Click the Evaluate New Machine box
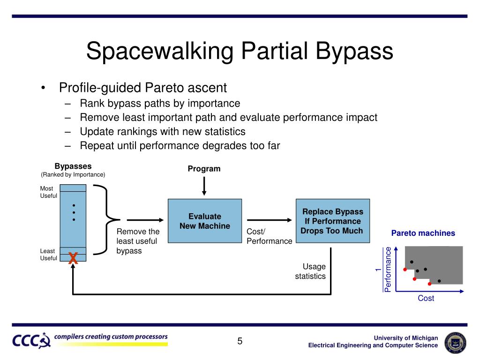click(205, 221)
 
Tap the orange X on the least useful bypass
click(73, 257)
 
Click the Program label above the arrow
click(204, 169)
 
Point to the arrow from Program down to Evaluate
click(204, 186)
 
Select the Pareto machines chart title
click(423, 233)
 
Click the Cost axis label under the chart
click(426, 298)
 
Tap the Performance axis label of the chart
click(388, 269)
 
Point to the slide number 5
click(240, 341)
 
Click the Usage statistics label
click(310, 271)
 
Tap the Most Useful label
click(48, 192)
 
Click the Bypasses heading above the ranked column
click(73, 166)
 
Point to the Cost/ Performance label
click(269, 236)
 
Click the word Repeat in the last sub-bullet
click(96, 145)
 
